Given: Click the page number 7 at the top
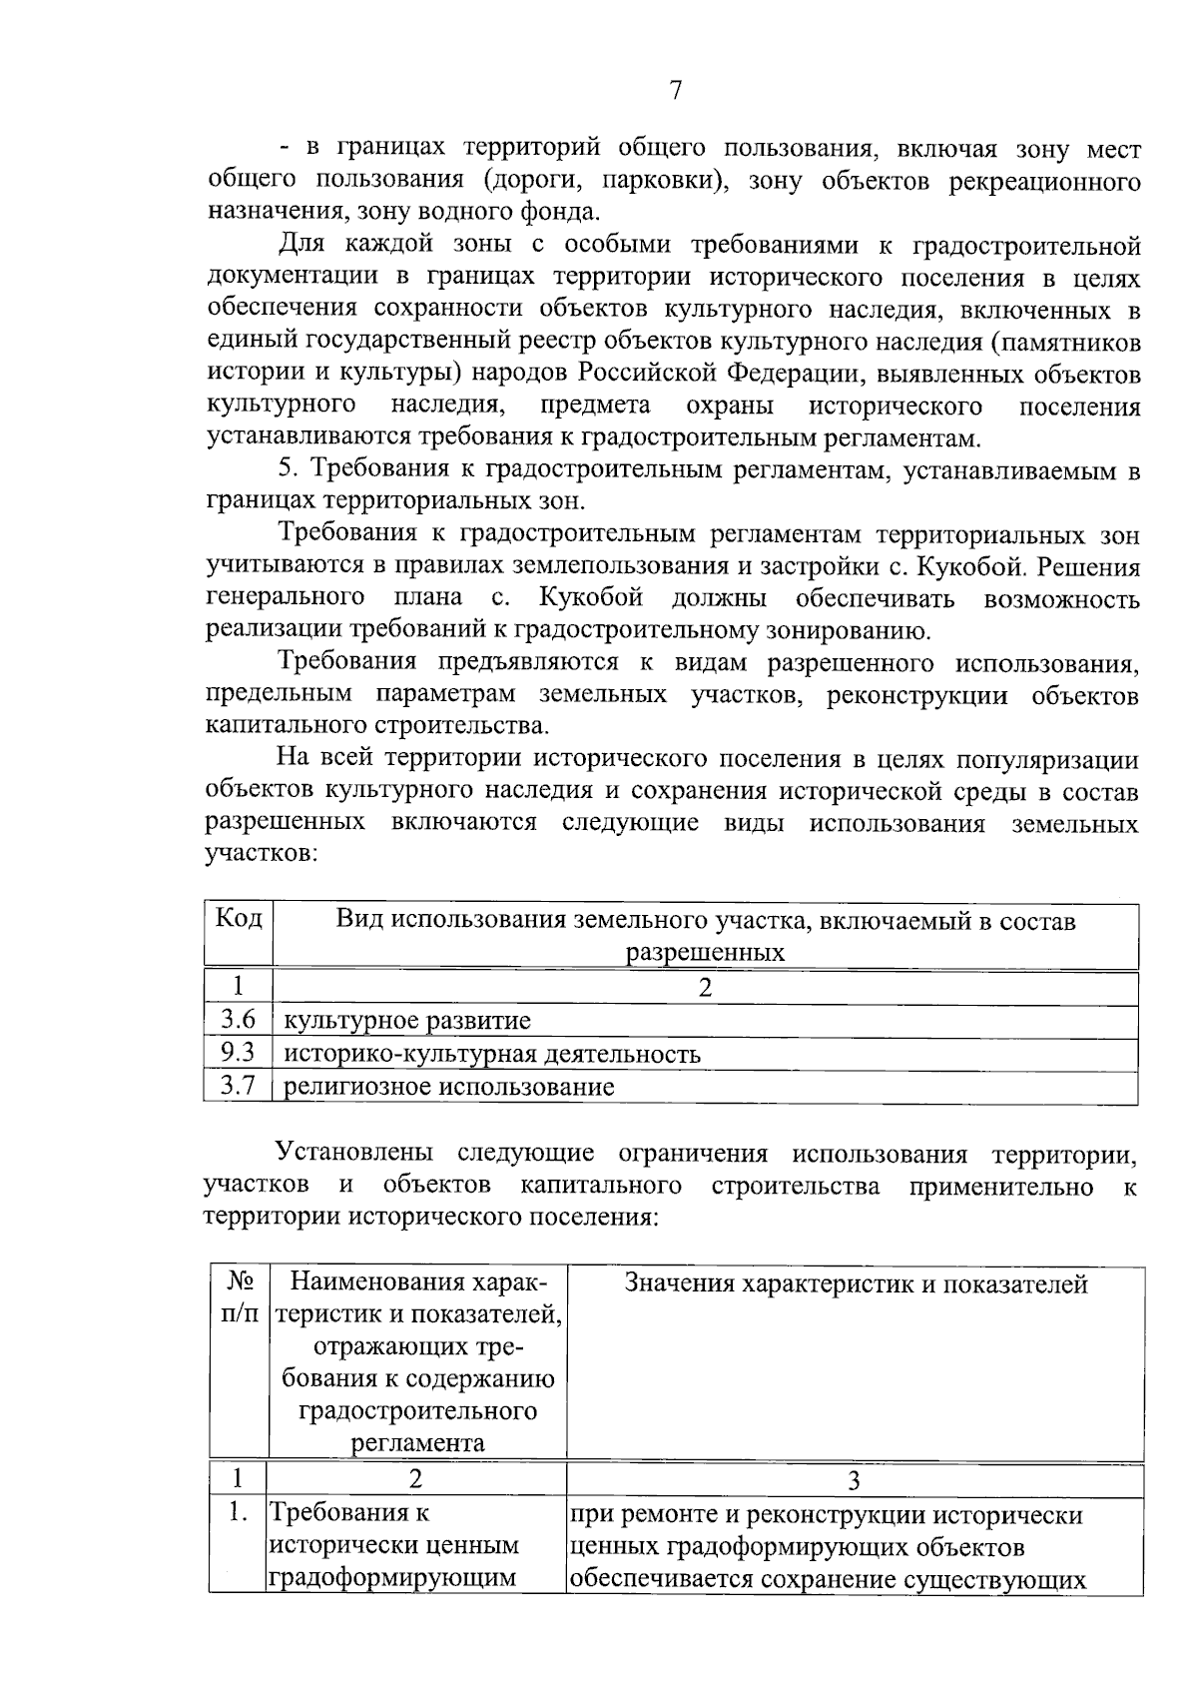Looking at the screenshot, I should [676, 92].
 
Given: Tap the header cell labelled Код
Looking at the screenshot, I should [239, 920].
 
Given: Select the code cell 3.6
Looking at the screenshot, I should [239, 1020].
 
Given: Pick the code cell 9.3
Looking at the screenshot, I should [239, 1053].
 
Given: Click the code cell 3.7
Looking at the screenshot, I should [239, 1086].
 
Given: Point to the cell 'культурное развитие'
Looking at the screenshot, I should [408, 1021].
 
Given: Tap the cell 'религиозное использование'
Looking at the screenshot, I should [450, 1087].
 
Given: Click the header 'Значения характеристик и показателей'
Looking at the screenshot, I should [856, 1284].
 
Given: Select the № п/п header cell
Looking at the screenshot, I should [239, 1298].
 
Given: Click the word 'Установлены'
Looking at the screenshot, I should [355, 1154].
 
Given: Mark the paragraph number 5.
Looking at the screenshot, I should [290, 470].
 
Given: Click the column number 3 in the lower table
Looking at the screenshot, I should [855, 1480].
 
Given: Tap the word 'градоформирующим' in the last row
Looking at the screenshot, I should [393, 1578].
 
